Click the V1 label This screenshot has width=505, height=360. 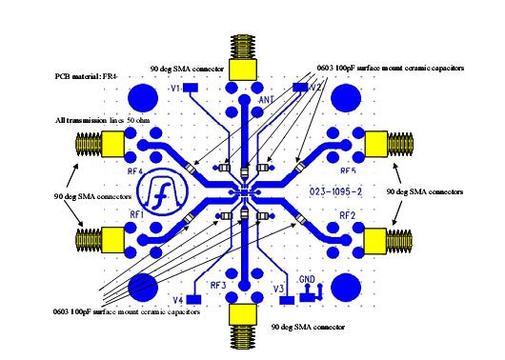click(176, 88)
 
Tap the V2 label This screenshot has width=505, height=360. click(315, 88)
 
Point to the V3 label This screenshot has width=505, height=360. click(278, 288)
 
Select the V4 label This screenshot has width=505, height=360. click(176, 299)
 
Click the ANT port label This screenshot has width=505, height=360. click(268, 99)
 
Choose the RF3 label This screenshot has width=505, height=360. click(217, 286)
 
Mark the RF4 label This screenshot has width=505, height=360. click(135, 172)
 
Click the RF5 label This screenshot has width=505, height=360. click(348, 171)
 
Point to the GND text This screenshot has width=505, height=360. click(307, 280)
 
